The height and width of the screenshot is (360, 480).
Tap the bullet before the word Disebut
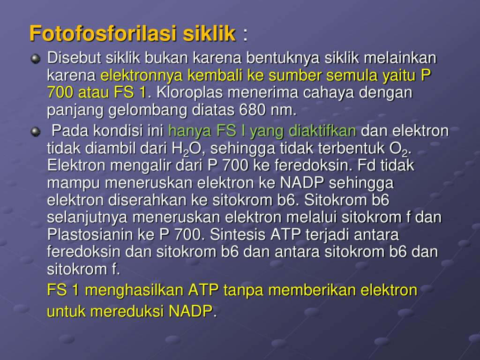[36, 59]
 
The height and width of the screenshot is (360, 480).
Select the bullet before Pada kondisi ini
[36, 132]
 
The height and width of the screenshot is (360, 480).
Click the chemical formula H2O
[187, 149]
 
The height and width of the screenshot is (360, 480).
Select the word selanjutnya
[87, 217]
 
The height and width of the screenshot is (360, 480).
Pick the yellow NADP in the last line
[191, 311]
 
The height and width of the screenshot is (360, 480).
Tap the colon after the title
[245, 35]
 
